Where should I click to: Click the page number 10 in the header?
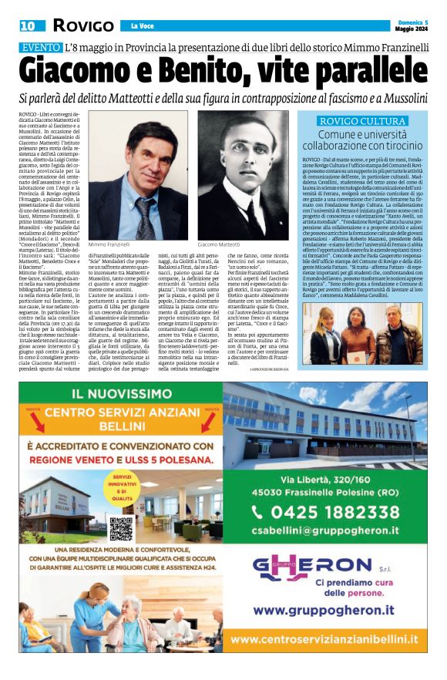coord(28,25)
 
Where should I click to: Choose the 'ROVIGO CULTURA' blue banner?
coord(362,121)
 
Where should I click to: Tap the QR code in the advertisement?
coord(121,529)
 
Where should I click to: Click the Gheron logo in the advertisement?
coord(324,568)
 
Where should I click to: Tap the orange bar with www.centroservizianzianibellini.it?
coord(325,638)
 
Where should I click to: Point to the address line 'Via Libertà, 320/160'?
coord(325,482)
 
